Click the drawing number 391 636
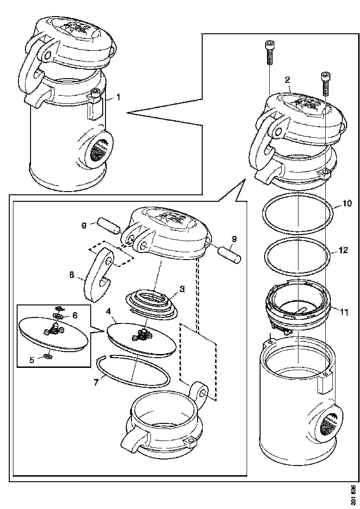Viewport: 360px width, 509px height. coord(353,495)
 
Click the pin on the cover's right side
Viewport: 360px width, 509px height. coord(229,255)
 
